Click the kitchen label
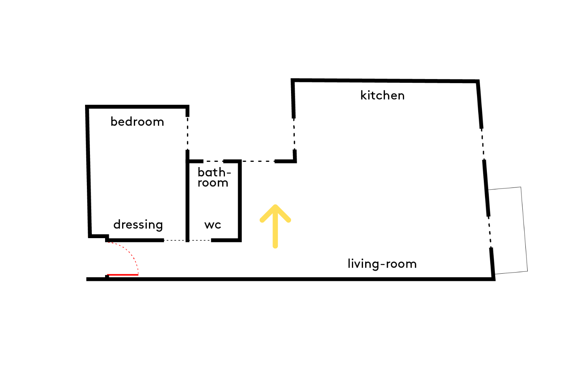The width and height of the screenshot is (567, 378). click(382, 96)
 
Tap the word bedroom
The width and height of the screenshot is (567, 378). click(137, 122)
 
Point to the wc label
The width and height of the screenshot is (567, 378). click(212, 225)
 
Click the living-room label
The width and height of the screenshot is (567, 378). click(382, 263)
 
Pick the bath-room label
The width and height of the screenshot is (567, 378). click(214, 177)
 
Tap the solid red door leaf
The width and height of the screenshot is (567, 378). click(122, 274)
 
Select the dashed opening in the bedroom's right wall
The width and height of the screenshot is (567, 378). click(187, 133)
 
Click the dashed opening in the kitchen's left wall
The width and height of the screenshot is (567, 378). click(294, 134)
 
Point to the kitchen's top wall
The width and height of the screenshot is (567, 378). click(385, 81)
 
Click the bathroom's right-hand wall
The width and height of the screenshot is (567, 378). click(240, 200)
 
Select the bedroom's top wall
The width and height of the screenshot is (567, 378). click(137, 107)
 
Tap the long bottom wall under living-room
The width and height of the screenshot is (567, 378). click(291, 279)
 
